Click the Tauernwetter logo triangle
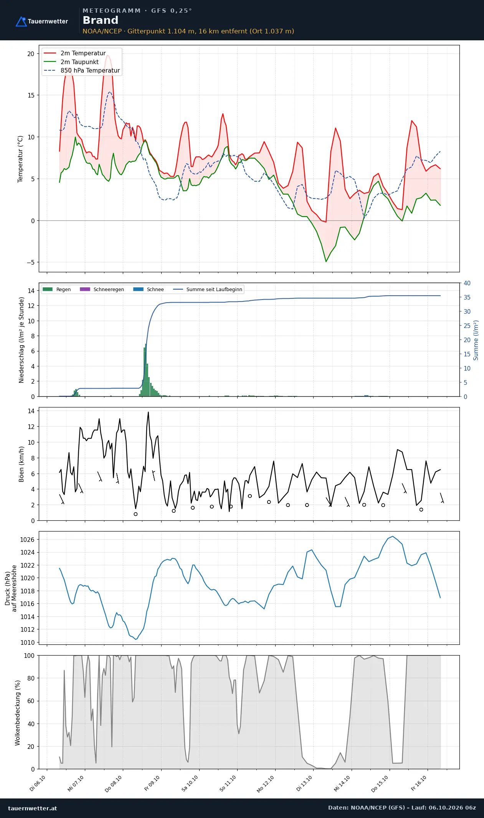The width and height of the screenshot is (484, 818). [21, 22]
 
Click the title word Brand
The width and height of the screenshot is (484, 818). [101, 20]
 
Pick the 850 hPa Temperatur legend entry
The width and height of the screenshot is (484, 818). [82, 71]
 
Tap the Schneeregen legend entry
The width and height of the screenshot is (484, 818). [102, 289]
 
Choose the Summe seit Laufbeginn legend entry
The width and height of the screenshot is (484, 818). [208, 289]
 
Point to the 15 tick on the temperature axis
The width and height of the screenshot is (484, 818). [31, 95]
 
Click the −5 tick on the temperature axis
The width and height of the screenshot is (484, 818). [30, 262]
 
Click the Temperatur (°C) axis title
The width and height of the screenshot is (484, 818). [20, 159]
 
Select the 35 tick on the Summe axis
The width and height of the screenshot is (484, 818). [467, 297]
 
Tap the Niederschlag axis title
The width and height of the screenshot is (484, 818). [21, 340]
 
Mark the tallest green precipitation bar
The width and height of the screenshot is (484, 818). [146, 370]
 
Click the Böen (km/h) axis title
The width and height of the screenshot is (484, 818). [21, 464]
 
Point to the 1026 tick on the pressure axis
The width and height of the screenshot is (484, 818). [27, 540]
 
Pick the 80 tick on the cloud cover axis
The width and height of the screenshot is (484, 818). [31, 678]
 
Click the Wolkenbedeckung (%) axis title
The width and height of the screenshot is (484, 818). [18, 713]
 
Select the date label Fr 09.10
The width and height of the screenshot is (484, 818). [152, 783]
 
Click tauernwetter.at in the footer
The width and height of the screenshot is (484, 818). [33, 808]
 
